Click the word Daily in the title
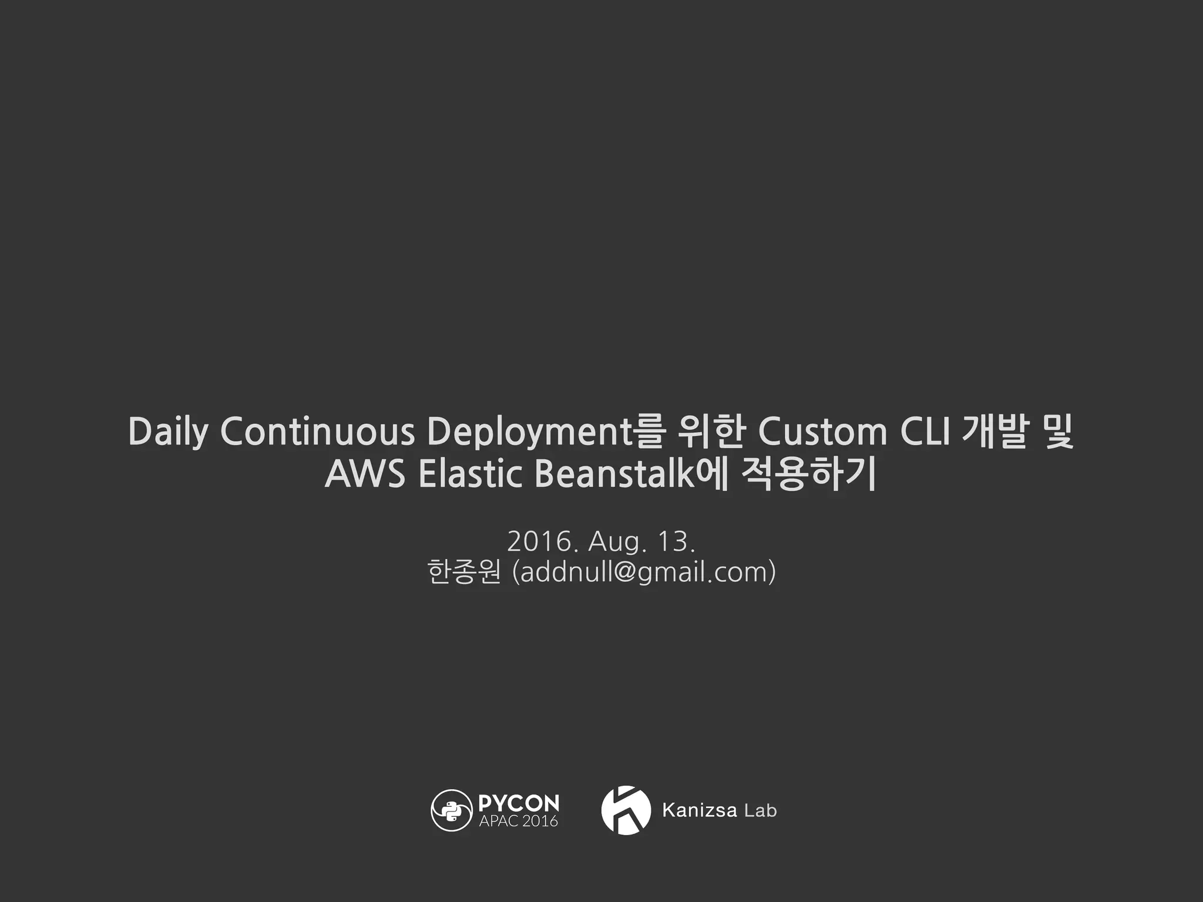tap(167, 432)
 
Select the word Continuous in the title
tap(317, 431)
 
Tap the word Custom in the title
tap(822, 431)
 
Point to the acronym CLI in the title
tap(925, 431)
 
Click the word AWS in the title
tap(365, 474)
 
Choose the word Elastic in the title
tap(470, 474)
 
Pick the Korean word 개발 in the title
tap(994, 431)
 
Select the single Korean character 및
tap(1056, 431)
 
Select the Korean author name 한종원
tap(464, 572)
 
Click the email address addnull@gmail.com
tap(644, 572)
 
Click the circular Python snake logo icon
tap(451, 810)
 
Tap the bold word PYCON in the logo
tap(519, 803)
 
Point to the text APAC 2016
tap(518, 821)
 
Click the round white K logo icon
tap(626, 810)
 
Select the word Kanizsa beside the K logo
tap(699, 810)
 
